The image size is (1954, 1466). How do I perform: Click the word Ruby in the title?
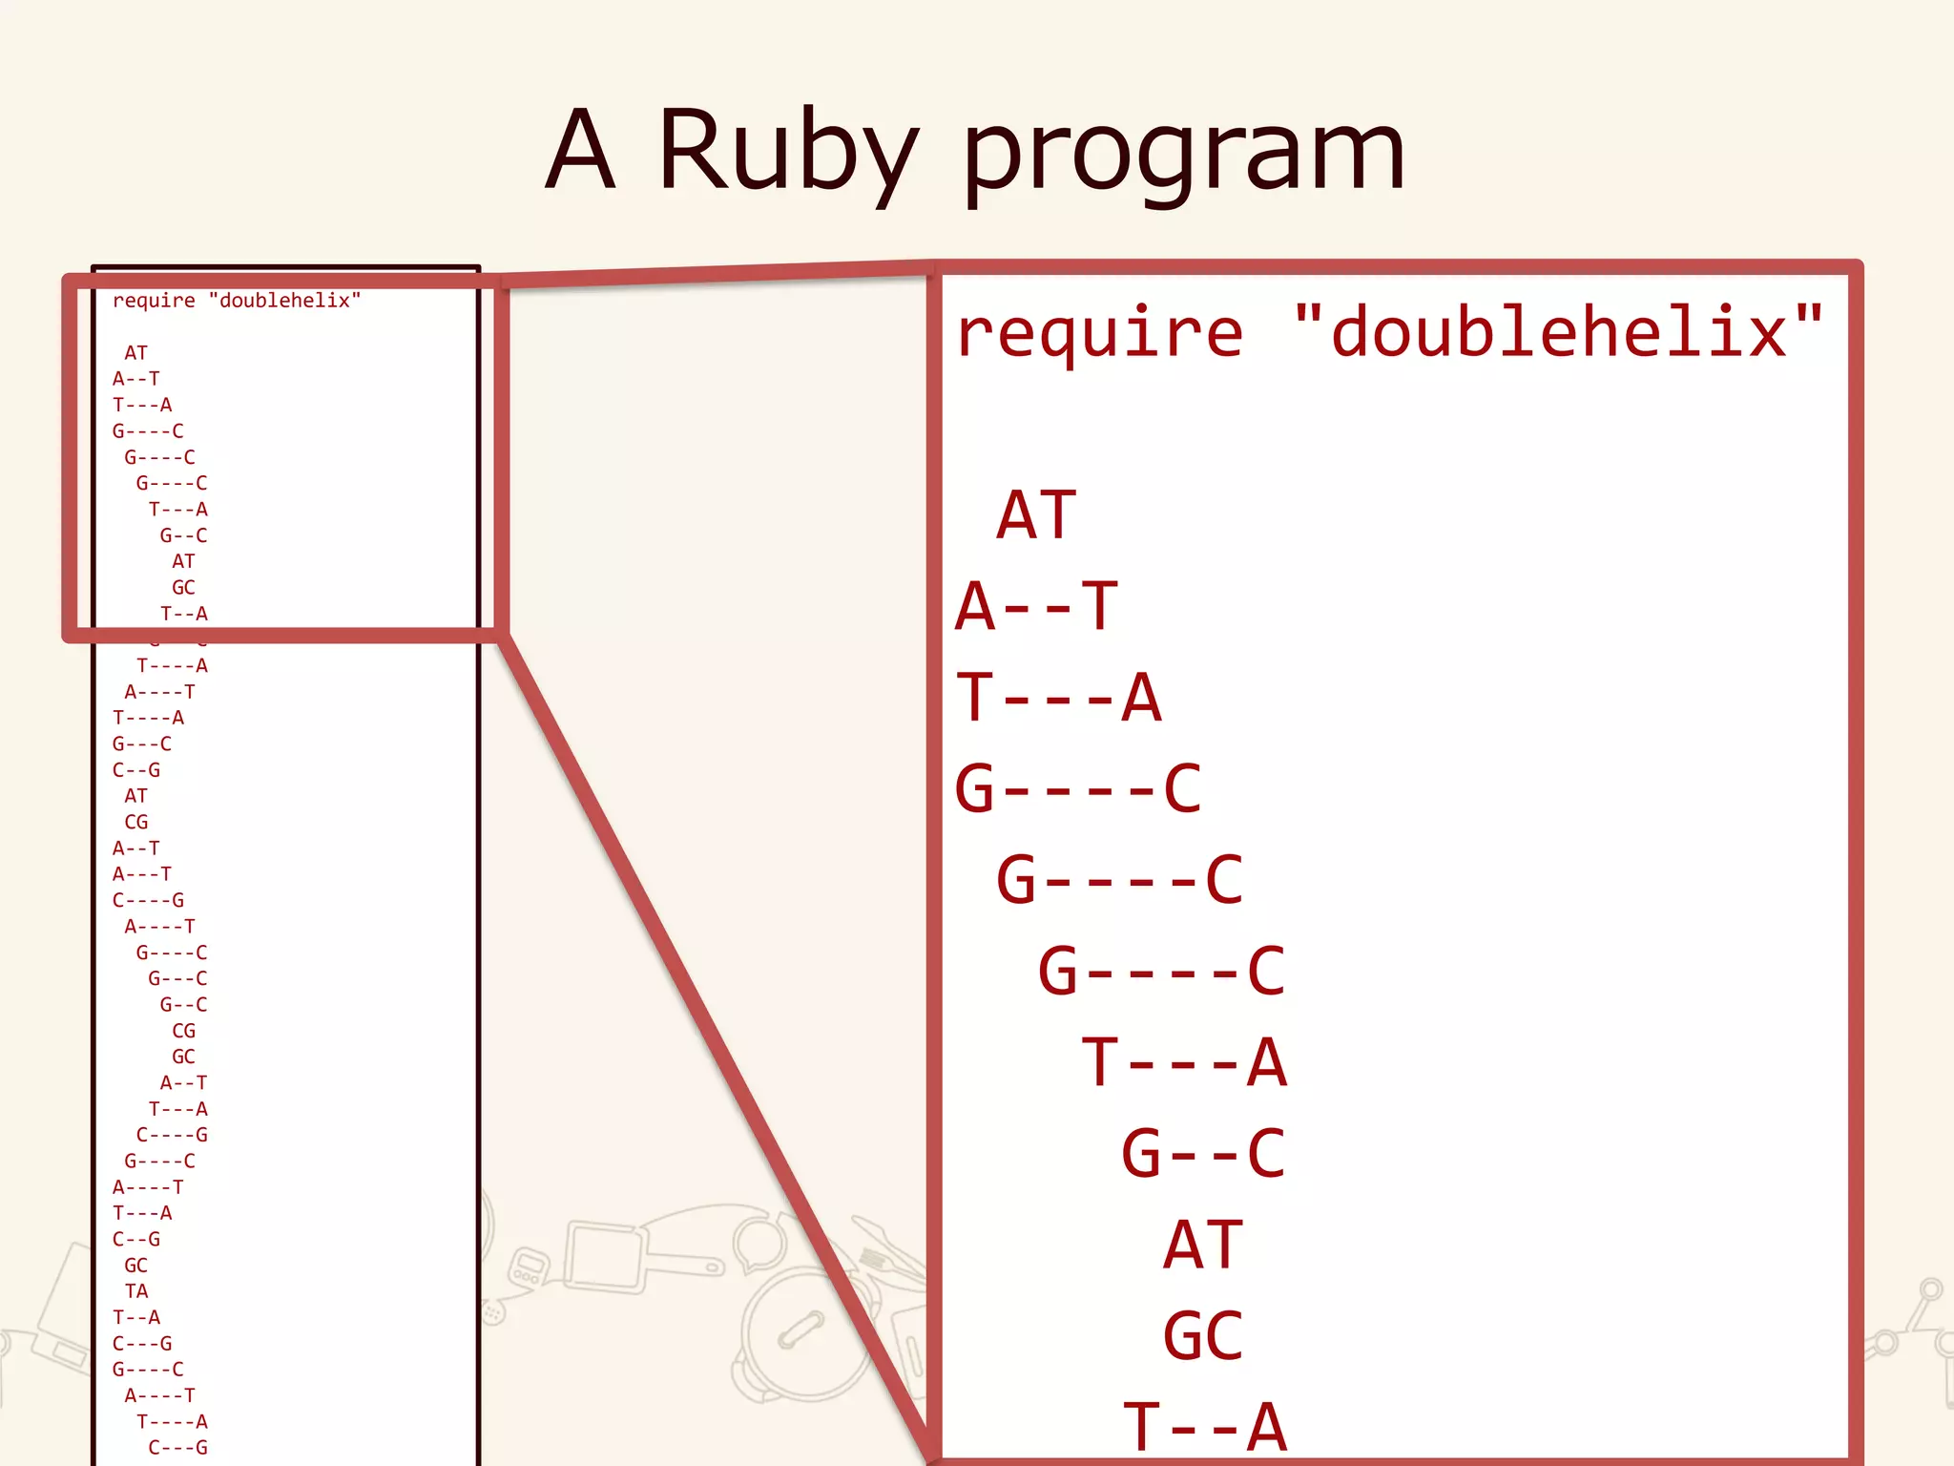point(788,153)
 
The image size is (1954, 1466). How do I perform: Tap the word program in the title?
point(1183,157)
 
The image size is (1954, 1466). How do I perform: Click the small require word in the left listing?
point(154,301)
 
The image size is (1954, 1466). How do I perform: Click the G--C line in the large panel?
point(1203,1153)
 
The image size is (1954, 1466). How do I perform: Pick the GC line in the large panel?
point(1203,1336)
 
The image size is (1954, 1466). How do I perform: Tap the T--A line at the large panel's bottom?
point(1204,1428)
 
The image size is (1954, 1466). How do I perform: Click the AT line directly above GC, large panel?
point(1203,1245)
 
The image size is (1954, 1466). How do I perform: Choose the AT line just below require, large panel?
point(1036,515)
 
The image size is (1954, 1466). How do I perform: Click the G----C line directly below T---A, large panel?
point(1078,789)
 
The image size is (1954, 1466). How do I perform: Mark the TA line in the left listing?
point(136,1291)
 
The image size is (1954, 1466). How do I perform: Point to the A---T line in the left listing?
point(142,874)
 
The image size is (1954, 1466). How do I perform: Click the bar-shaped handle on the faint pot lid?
point(800,1330)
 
